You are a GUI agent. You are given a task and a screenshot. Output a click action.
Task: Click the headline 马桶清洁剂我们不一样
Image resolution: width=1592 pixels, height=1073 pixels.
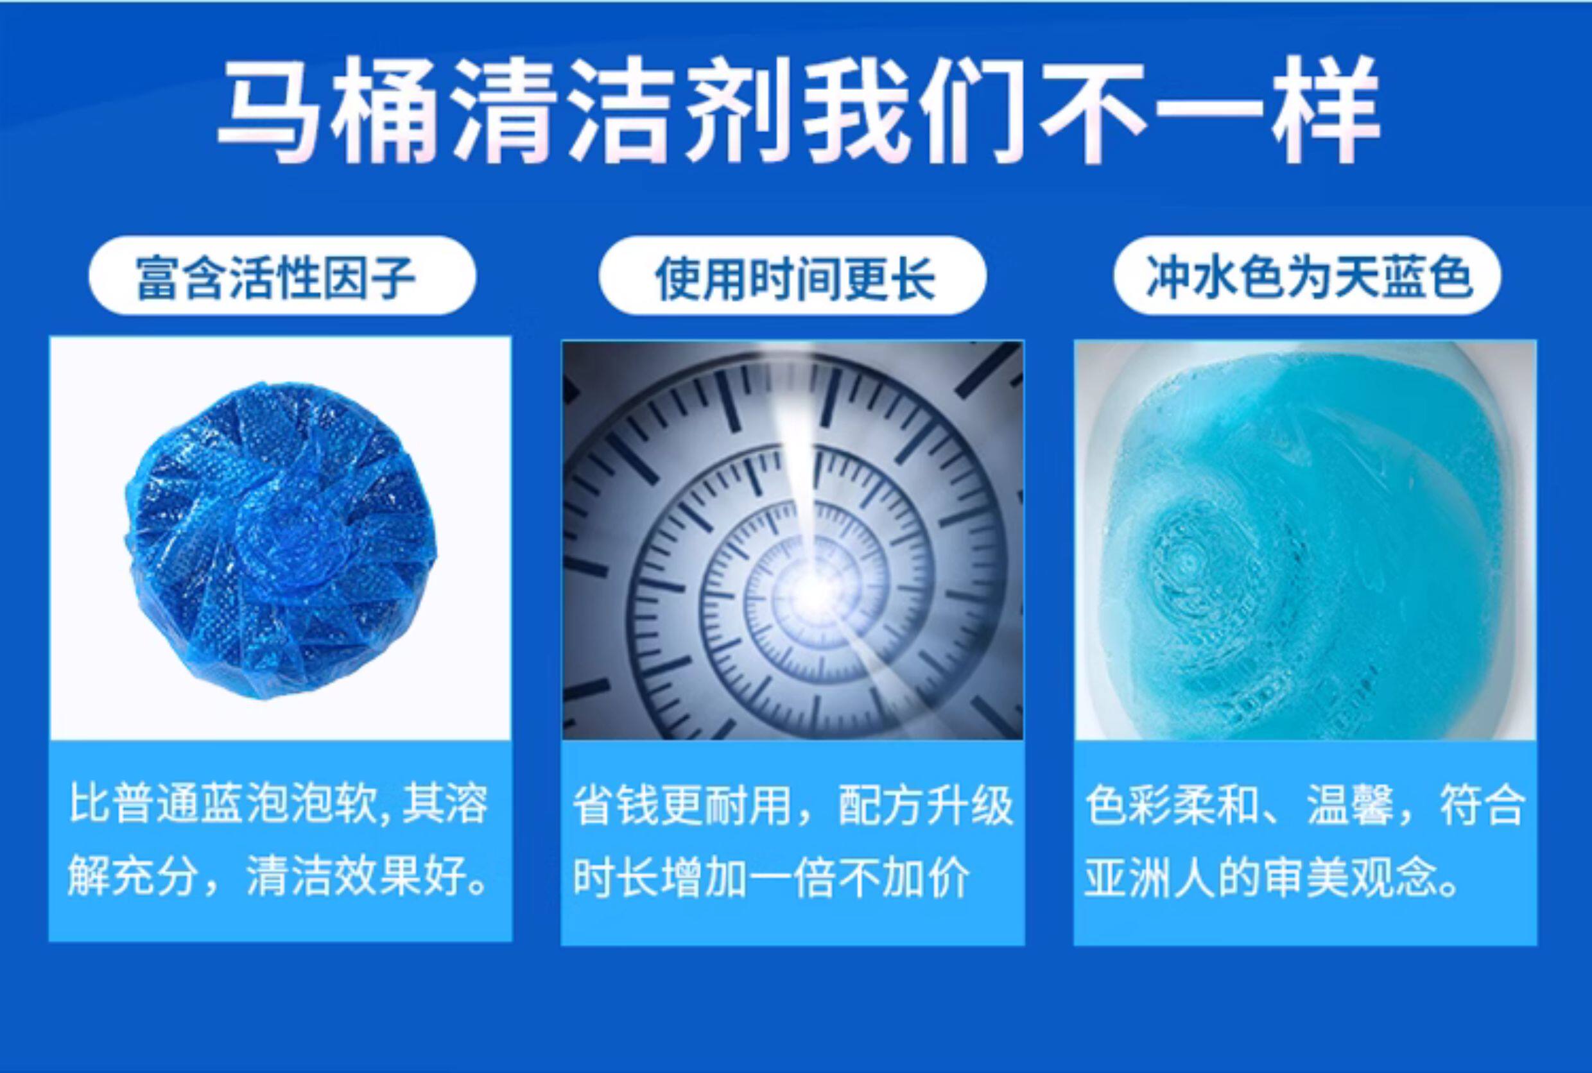click(797, 110)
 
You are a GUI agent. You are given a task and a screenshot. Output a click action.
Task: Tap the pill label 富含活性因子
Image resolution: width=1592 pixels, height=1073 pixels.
click(282, 276)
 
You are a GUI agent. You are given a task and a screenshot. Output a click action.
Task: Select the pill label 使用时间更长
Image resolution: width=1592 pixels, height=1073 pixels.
click(793, 276)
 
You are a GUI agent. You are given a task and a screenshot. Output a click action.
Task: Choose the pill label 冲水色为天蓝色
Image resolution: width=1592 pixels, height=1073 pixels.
click(1307, 276)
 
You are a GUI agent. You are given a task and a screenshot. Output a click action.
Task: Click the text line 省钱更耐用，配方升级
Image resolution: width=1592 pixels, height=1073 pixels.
click(792, 805)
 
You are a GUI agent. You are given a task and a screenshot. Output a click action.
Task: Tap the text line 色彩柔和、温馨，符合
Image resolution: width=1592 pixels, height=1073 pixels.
click(1305, 805)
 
